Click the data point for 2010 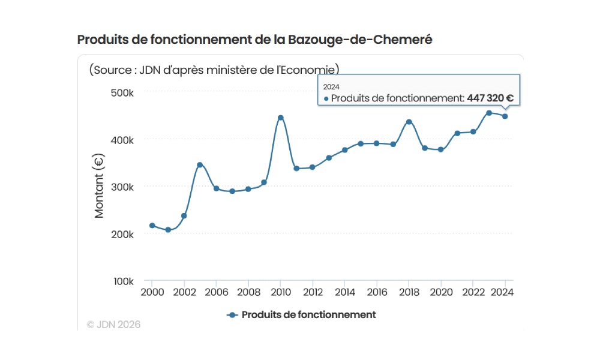click(280, 118)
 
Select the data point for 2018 click(409, 122)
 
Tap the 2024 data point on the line click(505, 116)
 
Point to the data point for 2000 click(152, 226)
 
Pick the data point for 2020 click(441, 149)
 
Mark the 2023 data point click(489, 113)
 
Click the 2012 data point click(312, 167)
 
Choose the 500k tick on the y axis click(123, 92)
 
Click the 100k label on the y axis click(123, 281)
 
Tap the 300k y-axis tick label click(123, 187)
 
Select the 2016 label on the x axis click(376, 293)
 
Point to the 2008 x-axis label click(248, 293)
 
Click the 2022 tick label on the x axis click(473, 293)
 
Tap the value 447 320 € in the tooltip click(490, 98)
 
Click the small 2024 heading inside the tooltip click(331, 86)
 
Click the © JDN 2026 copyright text click(113, 325)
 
